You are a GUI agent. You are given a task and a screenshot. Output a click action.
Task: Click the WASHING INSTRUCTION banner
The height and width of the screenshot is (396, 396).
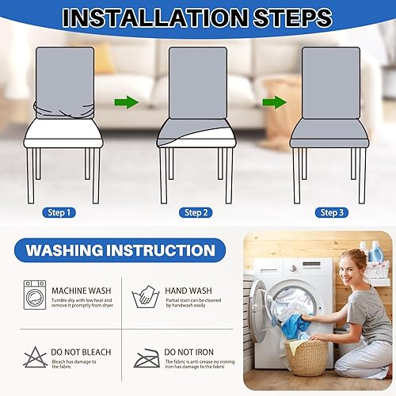[120, 251]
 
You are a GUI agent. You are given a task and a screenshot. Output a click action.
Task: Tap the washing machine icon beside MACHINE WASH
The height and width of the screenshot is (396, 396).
[35, 294]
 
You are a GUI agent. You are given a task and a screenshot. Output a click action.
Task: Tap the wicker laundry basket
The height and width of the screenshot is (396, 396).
[305, 357]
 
